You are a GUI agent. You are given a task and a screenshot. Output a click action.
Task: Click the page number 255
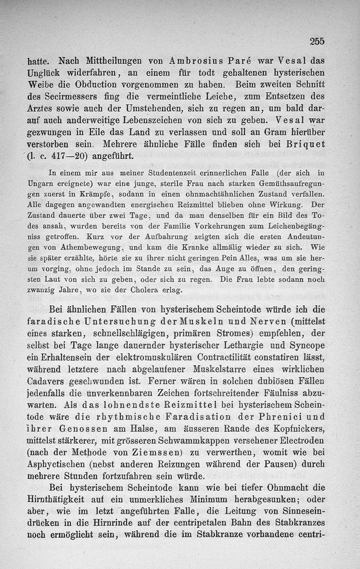(317, 41)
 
